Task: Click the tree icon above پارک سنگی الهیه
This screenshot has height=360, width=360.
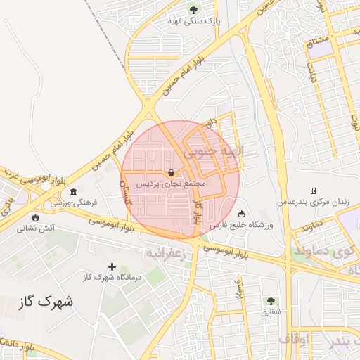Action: (193, 10)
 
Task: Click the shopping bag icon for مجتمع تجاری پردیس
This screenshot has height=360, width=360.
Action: (172, 172)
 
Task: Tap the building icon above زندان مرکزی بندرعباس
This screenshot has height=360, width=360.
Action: (313, 191)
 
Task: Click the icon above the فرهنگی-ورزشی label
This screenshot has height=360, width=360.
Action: (74, 192)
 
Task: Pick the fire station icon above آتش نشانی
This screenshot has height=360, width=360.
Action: (36, 217)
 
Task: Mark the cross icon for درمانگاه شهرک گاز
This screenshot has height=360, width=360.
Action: (112, 266)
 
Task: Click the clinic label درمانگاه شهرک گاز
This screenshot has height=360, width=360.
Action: (112, 277)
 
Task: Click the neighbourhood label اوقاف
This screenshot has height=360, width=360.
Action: (294, 339)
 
